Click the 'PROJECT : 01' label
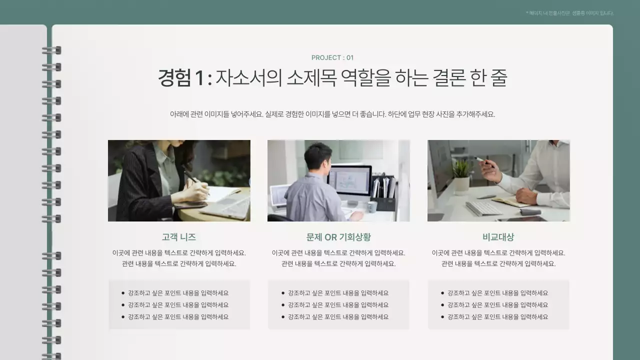pos(332,57)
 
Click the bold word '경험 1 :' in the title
pos(184,78)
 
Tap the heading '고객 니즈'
pos(178,237)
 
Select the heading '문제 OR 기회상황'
pos(338,237)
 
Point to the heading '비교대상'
pos(498,237)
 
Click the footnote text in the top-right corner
pos(569,13)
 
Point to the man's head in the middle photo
pos(318,156)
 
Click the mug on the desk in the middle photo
pos(371,207)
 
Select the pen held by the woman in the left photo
pos(190,175)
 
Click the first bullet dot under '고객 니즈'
pos(123,293)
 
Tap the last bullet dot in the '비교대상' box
pos(442,317)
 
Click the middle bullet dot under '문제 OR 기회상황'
pos(283,305)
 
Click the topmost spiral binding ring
pos(51,50)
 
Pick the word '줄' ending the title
pos(498,78)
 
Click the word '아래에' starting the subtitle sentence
pos(179,114)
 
